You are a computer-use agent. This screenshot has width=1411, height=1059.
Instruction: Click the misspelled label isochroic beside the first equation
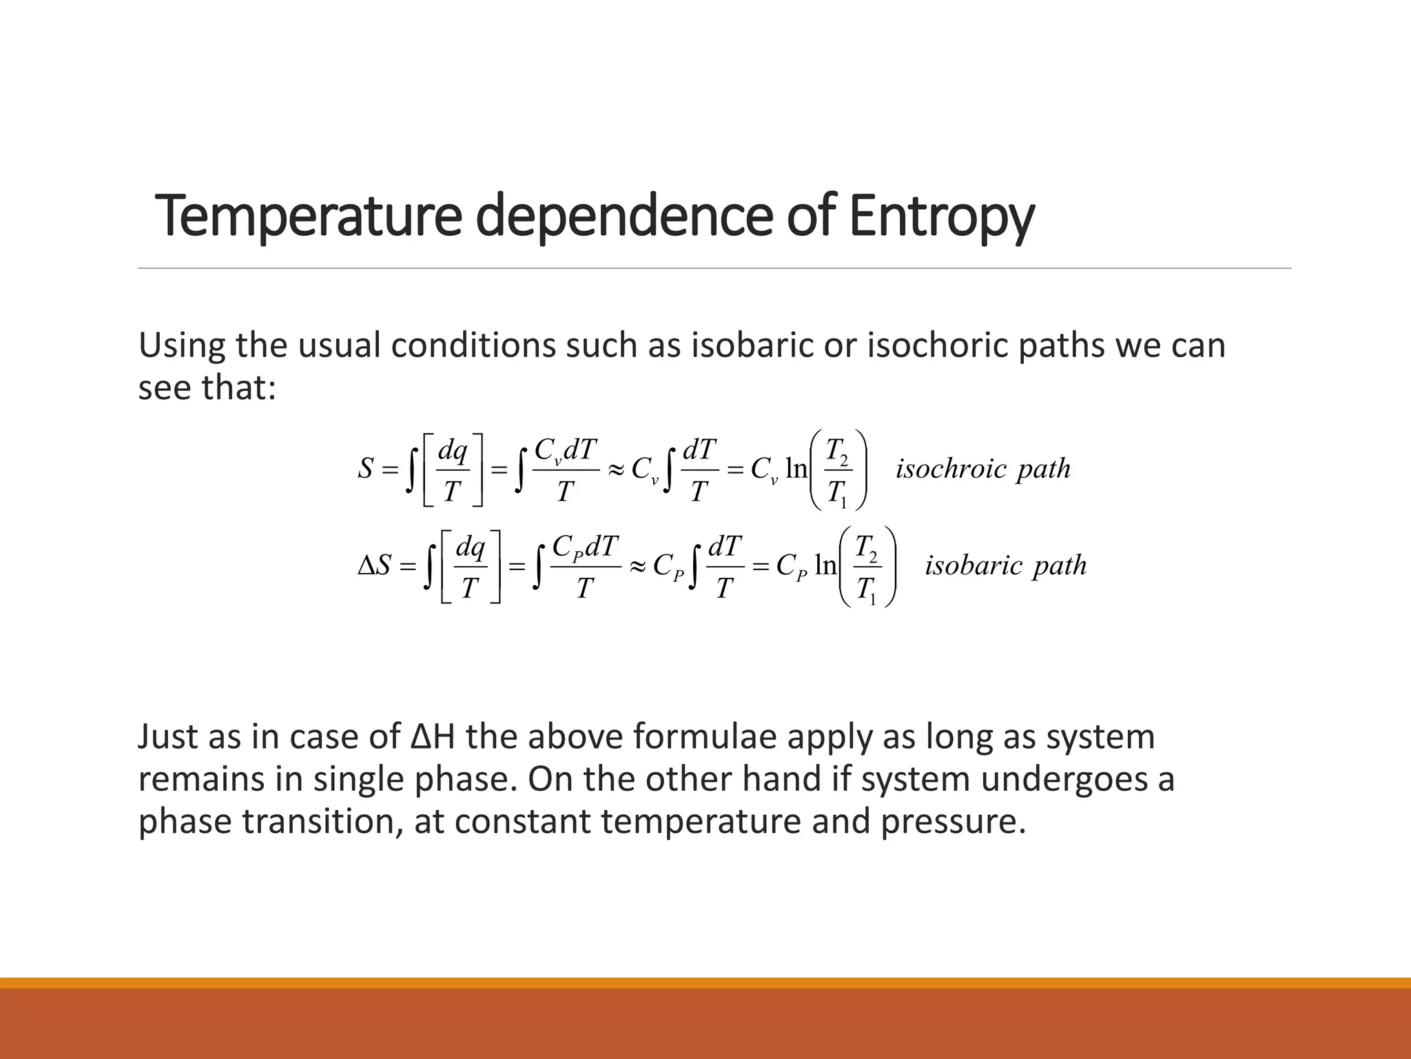pyautogui.click(x=951, y=469)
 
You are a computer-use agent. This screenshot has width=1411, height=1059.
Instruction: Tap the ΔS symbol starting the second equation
pyautogui.click(x=375, y=566)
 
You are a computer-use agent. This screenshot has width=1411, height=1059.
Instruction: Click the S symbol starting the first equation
pyautogui.click(x=365, y=470)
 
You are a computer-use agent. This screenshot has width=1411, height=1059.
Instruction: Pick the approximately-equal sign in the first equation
pyautogui.click(x=615, y=470)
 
